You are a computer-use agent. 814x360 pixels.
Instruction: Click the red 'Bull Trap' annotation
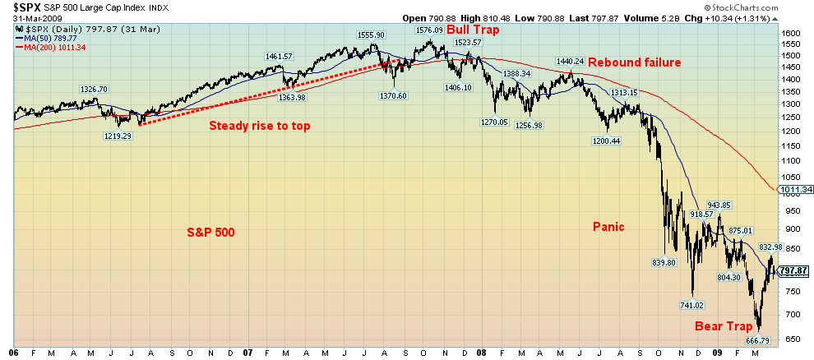click(473, 29)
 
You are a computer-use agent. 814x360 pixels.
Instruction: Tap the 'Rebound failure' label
click(634, 62)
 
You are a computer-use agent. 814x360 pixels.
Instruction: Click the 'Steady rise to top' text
click(260, 126)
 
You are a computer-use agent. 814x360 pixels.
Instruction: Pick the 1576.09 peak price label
click(429, 30)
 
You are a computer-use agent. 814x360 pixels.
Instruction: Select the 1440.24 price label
click(570, 62)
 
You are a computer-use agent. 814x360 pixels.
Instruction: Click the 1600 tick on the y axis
click(790, 34)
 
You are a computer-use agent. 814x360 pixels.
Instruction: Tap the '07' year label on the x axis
click(247, 352)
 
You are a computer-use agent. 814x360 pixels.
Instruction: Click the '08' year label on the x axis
click(481, 352)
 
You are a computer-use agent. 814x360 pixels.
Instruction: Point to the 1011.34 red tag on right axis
click(796, 190)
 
